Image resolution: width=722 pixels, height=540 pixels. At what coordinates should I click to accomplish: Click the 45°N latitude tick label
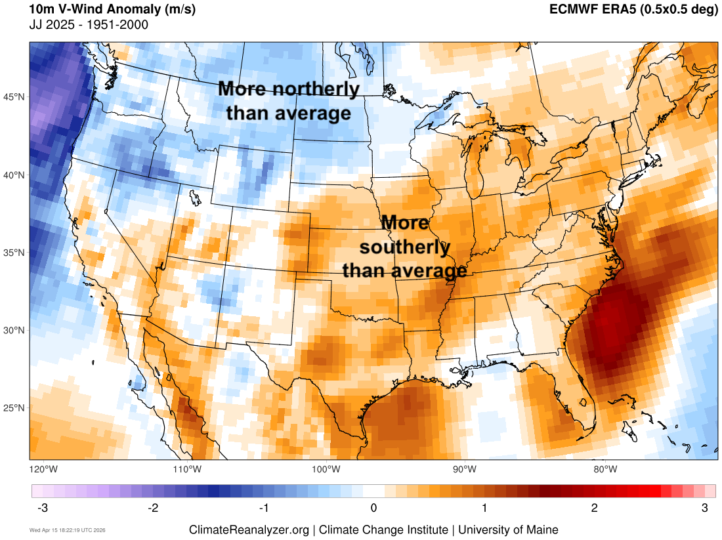14,97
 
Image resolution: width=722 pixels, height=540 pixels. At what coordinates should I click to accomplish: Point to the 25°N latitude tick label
14,408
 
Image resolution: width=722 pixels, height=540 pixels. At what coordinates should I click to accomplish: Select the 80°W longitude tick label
605,469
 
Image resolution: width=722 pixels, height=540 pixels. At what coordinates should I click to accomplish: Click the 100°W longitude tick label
326,469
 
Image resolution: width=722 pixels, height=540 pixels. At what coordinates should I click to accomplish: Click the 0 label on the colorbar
373,508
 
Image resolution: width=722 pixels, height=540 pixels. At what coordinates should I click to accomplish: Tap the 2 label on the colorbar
594,508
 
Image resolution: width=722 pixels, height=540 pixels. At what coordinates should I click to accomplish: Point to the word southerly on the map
405,247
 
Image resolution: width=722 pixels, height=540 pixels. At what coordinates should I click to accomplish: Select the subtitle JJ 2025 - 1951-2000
89,25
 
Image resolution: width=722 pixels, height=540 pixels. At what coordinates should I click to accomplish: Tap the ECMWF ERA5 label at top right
633,10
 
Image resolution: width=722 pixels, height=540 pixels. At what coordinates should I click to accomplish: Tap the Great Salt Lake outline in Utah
194,197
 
